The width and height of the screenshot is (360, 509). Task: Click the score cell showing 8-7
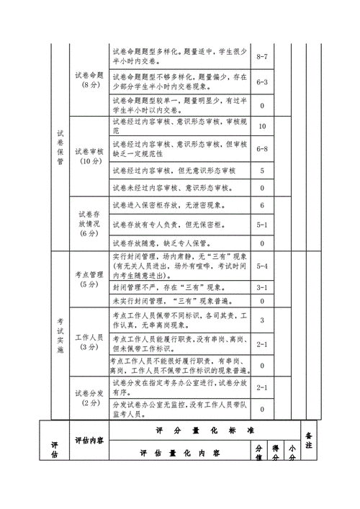[x=262, y=56]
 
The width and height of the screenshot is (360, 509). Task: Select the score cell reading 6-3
[x=262, y=82]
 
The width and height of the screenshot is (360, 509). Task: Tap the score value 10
[x=262, y=127]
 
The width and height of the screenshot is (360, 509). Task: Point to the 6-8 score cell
[x=262, y=149]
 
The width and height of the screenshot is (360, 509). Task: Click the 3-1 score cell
[x=262, y=287]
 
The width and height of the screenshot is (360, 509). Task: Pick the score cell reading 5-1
[x=262, y=225]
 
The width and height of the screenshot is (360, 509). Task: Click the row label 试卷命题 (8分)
[x=89, y=80]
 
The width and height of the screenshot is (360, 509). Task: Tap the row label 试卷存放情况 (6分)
[x=89, y=223]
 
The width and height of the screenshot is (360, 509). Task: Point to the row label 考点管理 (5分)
[x=89, y=279]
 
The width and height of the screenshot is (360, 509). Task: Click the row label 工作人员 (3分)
[x=89, y=341]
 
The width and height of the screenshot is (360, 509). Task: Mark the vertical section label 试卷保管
[x=60, y=148]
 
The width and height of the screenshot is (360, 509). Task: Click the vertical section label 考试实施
[x=60, y=335]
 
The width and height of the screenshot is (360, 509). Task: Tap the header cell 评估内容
[x=89, y=440]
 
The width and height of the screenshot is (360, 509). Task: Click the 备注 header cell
[x=309, y=441]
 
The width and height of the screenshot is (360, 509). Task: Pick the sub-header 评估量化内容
[x=180, y=454]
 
